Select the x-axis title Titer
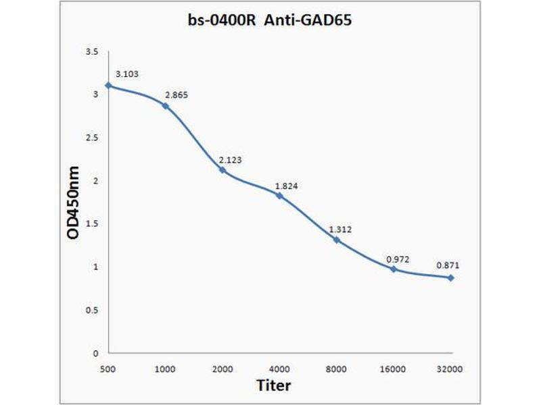click(274, 385)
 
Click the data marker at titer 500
click(108, 86)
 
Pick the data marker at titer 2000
click(222, 170)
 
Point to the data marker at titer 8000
click(336, 240)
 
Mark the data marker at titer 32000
click(450, 277)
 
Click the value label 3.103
click(127, 74)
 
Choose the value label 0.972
click(398, 259)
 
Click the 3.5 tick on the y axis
click(92, 52)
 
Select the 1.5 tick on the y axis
click(92, 224)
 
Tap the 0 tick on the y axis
click(95, 353)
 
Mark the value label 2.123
click(230, 160)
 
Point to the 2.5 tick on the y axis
click(92, 138)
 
